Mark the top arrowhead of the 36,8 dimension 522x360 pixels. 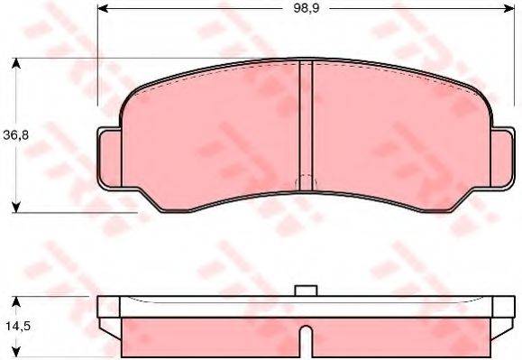[16, 64]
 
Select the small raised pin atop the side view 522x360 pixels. [306, 291]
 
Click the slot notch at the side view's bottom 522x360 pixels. [306, 342]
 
